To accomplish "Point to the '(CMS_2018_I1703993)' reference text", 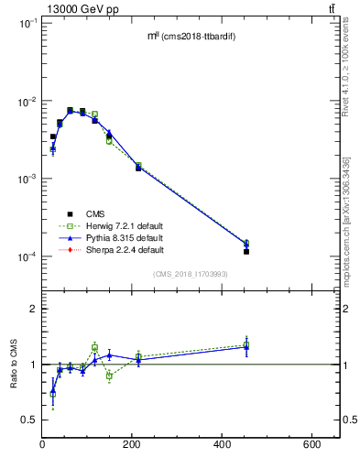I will (x=191, y=274).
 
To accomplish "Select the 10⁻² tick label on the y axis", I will (x=27, y=101).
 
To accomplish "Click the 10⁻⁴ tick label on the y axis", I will (x=27, y=256).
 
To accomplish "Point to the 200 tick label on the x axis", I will (x=197, y=444).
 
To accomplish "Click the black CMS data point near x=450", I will (x=246, y=251).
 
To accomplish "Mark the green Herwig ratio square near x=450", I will (x=246, y=345).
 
